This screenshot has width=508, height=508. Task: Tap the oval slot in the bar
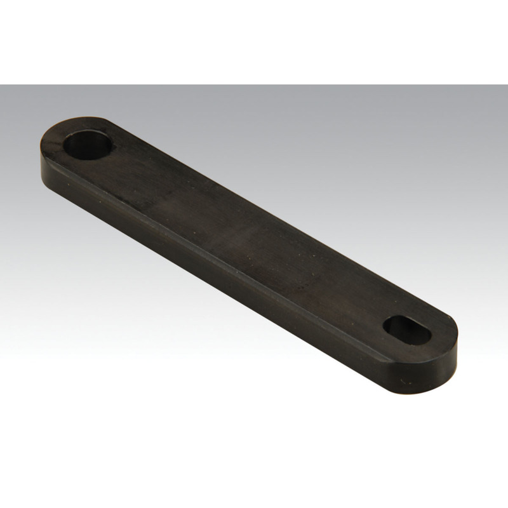pos(407,330)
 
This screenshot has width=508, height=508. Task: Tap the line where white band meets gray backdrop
pos(254,85)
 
